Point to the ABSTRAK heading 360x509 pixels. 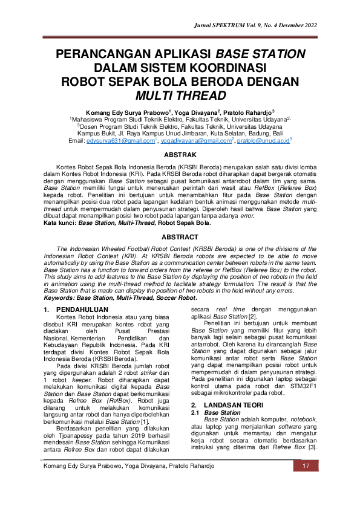click(x=180, y=155)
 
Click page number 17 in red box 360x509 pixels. click(x=306, y=483)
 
